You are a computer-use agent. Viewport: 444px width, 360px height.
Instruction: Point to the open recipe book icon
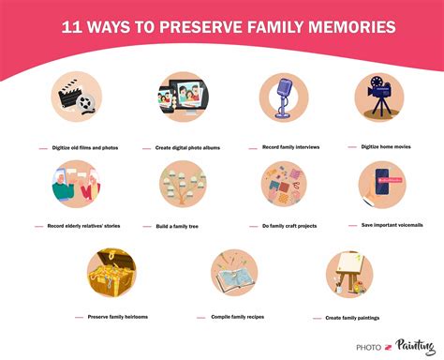pyautogui.click(x=233, y=274)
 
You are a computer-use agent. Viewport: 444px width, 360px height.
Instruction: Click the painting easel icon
pyautogui.click(x=349, y=274)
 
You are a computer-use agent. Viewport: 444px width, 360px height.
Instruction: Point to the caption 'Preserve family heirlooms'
pyautogui.click(x=118, y=317)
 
